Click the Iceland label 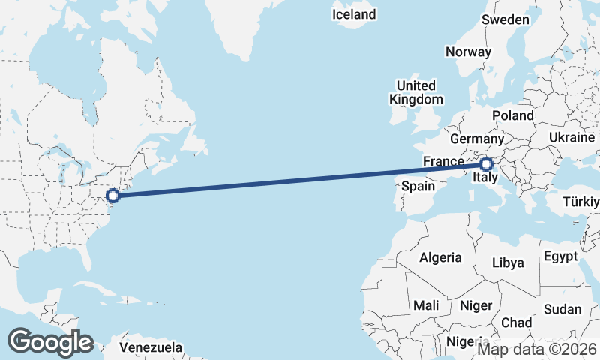click(354, 14)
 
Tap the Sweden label click(505, 19)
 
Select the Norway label click(468, 52)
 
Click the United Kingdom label click(415, 92)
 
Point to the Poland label click(513, 115)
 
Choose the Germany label click(477, 139)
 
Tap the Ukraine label click(571, 138)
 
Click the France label click(443, 161)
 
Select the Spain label click(418, 186)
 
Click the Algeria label click(440, 257)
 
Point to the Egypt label click(561, 256)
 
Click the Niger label click(475, 305)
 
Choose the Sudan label click(562, 309)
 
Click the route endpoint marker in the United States click(113, 196)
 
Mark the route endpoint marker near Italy click(486, 163)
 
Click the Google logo click(50, 341)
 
